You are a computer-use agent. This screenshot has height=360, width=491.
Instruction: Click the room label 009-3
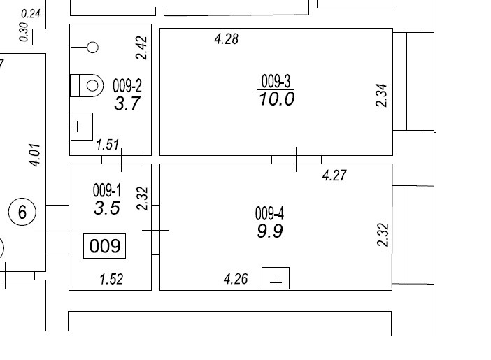[276, 81]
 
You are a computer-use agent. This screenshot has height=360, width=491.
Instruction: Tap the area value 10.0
[277, 99]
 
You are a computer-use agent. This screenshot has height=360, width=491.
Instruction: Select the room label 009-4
[269, 213]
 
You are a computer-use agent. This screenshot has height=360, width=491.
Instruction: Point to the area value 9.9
[270, 231]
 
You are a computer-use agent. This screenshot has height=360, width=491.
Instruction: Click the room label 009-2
[127, 85]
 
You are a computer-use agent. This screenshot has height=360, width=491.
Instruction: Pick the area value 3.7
[127, 103]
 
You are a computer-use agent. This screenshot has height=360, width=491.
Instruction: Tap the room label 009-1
[107, 190]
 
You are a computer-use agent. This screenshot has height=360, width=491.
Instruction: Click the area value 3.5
[107, 208]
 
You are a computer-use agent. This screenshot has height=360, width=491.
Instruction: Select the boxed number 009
[105, 246]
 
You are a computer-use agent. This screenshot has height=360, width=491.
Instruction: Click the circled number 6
[22, 213]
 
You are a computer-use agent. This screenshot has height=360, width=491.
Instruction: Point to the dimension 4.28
[227, 39]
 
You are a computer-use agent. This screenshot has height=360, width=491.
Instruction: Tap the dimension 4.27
[334, 175]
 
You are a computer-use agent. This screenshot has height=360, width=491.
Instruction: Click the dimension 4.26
[236, 279]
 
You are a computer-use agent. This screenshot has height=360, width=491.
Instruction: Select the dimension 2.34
[381, 95]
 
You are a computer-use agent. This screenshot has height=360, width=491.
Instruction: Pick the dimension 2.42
[141, 48]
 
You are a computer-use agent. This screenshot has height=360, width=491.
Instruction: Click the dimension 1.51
[108, 145]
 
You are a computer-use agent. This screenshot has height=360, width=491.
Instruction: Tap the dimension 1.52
[111, 279]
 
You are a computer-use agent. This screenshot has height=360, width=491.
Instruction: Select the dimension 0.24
[31, 14]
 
